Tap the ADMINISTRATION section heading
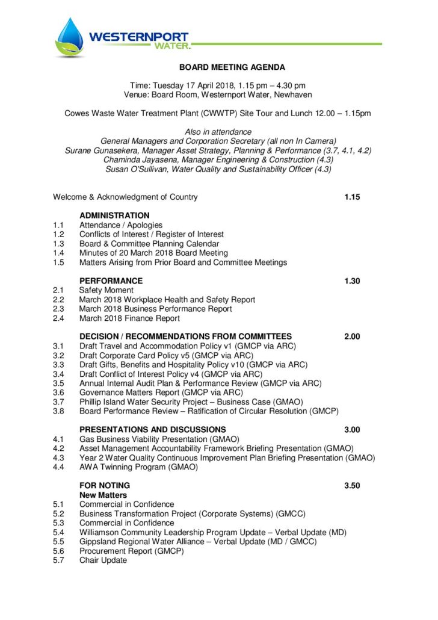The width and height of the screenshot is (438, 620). click(x=114, y=215)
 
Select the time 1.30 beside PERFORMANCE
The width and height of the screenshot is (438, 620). click(x=352, y=281)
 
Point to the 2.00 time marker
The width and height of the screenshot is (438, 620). click(x=352, y=336)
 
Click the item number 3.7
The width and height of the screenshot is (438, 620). click(x=58, y=401)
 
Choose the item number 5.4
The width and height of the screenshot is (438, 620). click(x=58, y=532)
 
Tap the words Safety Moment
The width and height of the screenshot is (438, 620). click(x=106, y=290)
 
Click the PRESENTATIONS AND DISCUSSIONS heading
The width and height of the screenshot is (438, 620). click(x=153, y=430)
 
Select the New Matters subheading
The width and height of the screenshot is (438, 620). click(x=103, y=495)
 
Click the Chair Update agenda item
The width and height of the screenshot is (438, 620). click(x=103, y=560)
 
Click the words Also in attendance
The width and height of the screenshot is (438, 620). click(x=218, y=132)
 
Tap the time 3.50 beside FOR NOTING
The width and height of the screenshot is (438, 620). click(x=352, y=486)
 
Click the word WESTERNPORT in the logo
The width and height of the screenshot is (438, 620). click(x=139, y=37)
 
